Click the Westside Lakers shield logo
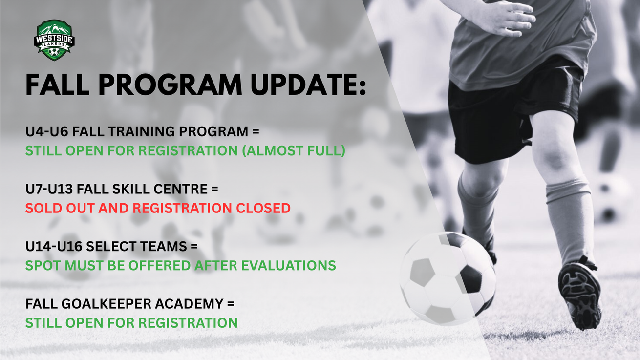(x=54, y=40)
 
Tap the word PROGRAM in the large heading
(x=170, y=85)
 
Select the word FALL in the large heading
(x=57, y=85)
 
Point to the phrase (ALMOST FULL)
(x=294, y=151)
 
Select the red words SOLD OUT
(x=60, y=208)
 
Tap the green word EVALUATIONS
(x=289, y=266)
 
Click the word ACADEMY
(x=189, y=304)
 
